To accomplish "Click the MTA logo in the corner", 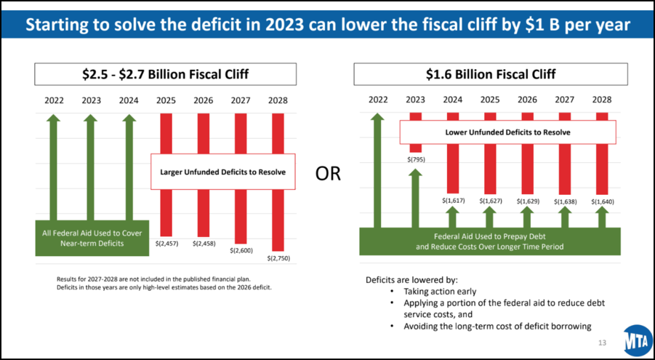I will pos(638,340).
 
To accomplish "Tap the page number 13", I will pos(601,343).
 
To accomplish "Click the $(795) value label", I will pos(415,159).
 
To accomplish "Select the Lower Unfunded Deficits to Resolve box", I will pos(507,132).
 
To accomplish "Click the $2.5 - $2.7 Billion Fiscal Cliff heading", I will pos(166,74).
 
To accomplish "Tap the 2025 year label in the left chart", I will pos(166,100).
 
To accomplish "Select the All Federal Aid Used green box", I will pos(92,238).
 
